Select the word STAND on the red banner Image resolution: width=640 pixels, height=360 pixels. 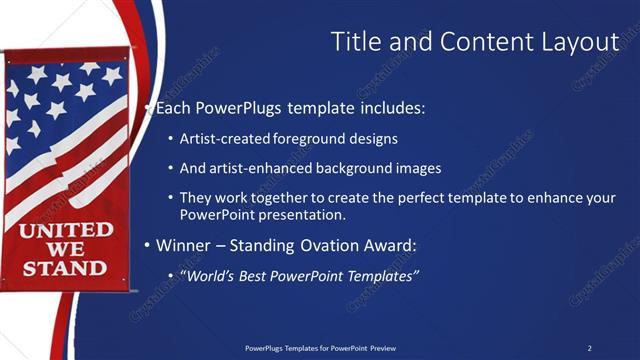point(65,268)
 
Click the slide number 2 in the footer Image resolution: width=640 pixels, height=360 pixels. point(589,348)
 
